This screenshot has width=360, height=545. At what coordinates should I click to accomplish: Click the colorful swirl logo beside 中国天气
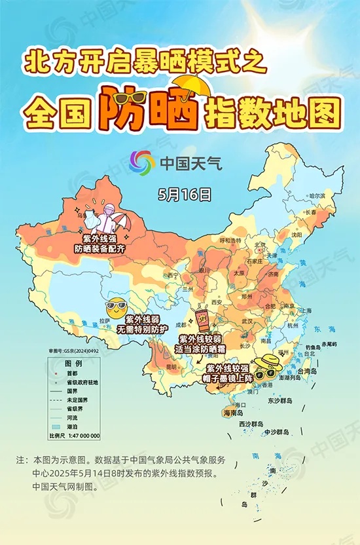141,161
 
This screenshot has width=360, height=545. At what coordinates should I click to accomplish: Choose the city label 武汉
246,322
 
